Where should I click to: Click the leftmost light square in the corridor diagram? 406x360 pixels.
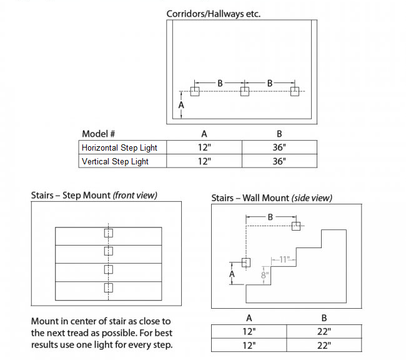click(195, 91)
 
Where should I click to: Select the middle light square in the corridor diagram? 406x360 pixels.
click(244, 91)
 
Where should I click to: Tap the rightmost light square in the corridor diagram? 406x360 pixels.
click(295, 91)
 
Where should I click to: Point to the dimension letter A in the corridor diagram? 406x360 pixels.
click(181, 106)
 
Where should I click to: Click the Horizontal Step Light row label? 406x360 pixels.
click(119, 147)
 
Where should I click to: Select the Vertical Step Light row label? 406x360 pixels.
click(115, 161)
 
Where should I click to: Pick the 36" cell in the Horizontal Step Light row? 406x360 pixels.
click(279, 147)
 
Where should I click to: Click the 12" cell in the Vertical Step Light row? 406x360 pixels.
click(204, 161)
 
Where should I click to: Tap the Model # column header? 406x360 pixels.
click(99, 134)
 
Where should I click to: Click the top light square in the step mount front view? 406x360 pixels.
click(108, 233)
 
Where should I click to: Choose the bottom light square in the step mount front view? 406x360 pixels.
click(108, 287)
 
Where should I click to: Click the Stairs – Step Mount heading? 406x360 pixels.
click(94, 195)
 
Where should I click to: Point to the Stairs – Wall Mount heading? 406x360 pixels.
click(272, 197)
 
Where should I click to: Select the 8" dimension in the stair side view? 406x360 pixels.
click(265, 274)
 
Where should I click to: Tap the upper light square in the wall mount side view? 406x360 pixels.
click(297, 226)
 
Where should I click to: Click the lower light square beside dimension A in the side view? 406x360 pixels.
click(245, 262)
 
